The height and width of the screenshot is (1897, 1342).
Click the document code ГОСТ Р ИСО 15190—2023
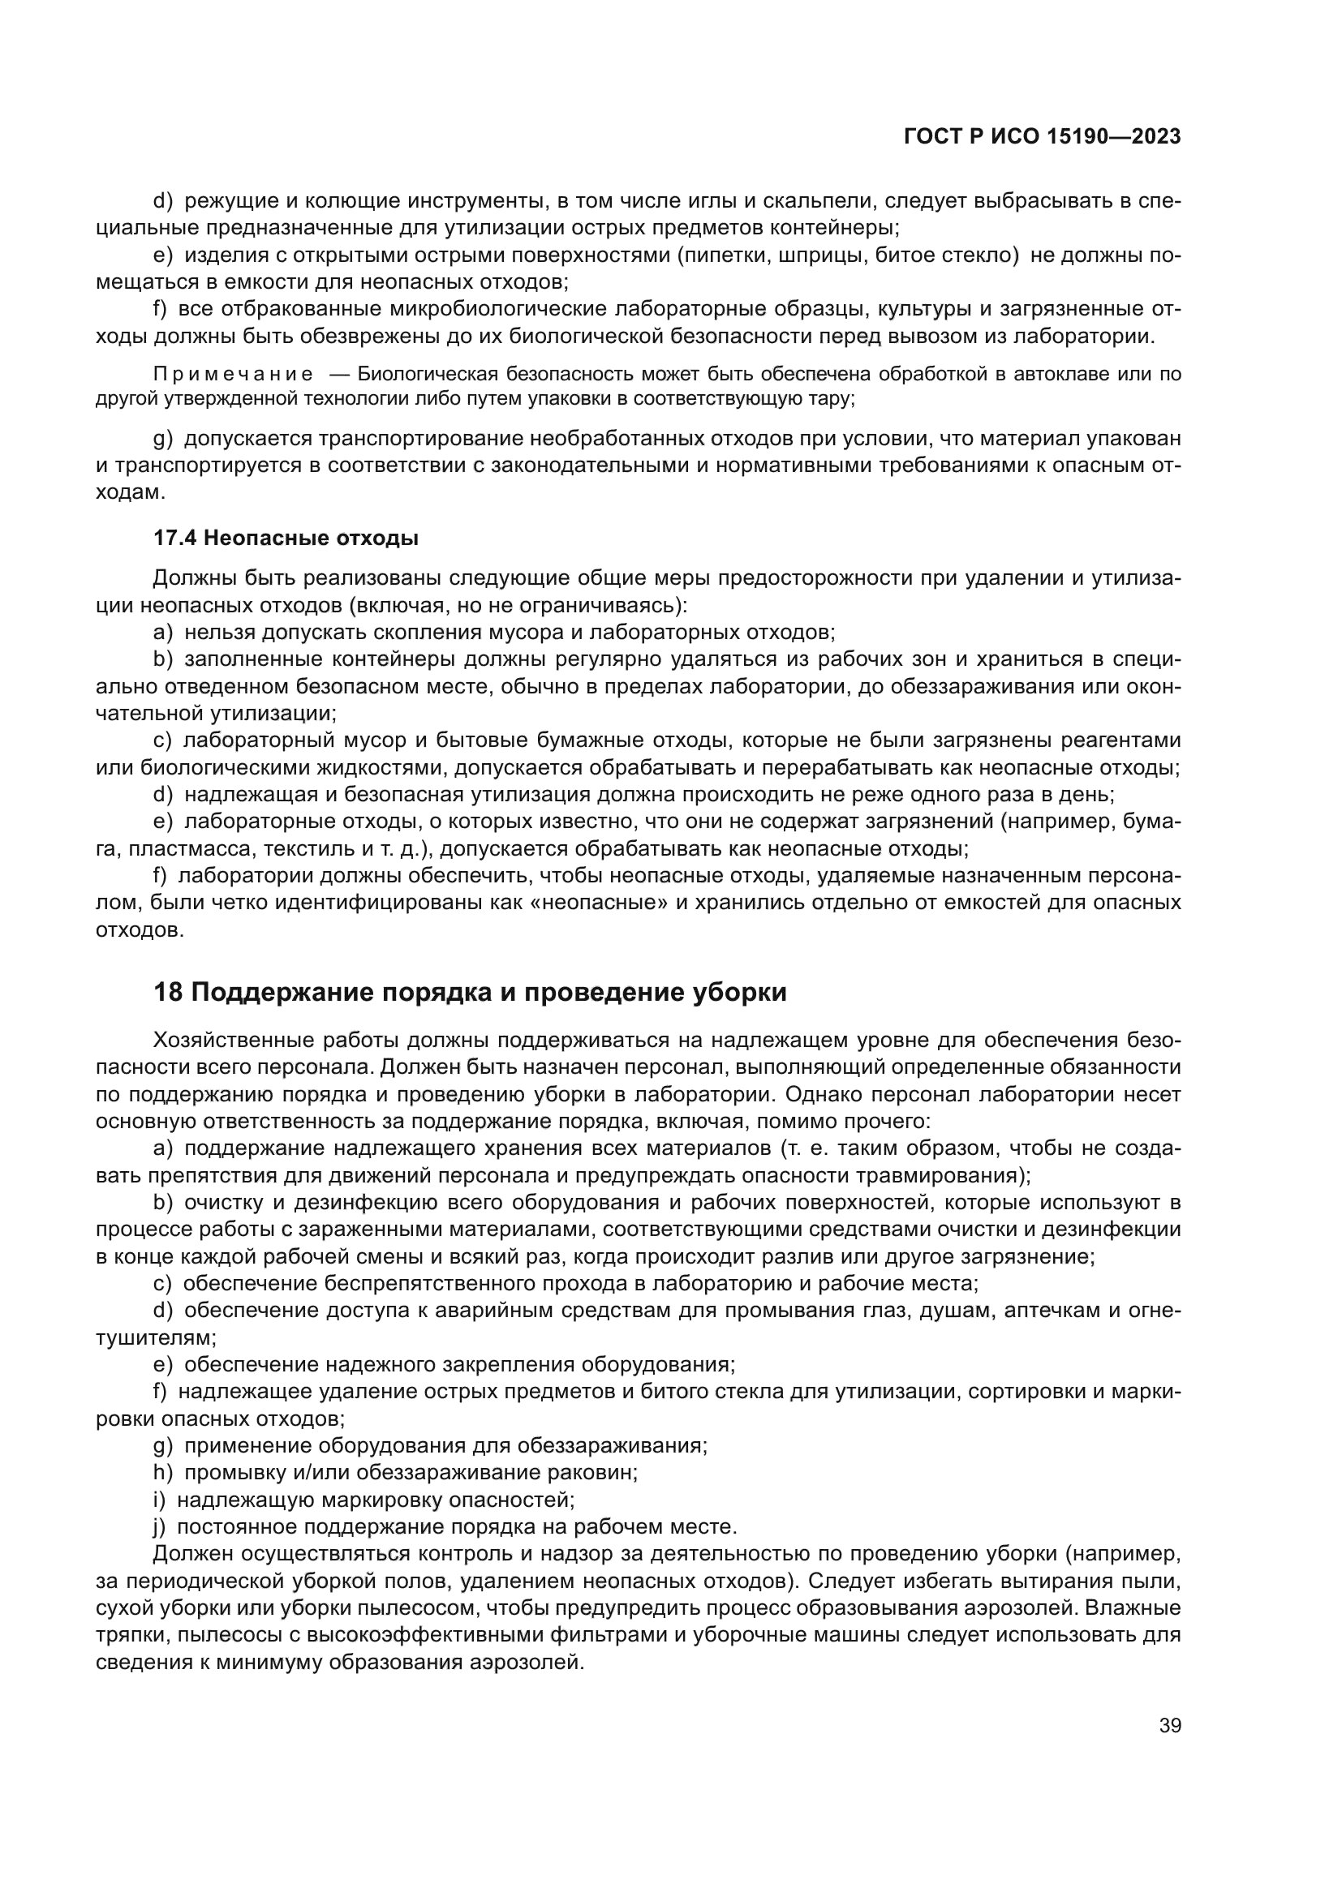[x=1042, y=137]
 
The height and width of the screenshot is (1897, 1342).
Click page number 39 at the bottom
[x=1169, y=1726]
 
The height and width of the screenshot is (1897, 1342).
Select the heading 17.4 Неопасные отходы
[x=286, y=539]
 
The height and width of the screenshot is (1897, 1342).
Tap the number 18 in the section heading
[x=168, y=992]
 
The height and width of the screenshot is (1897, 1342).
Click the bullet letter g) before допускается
[x=163, y=438]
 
